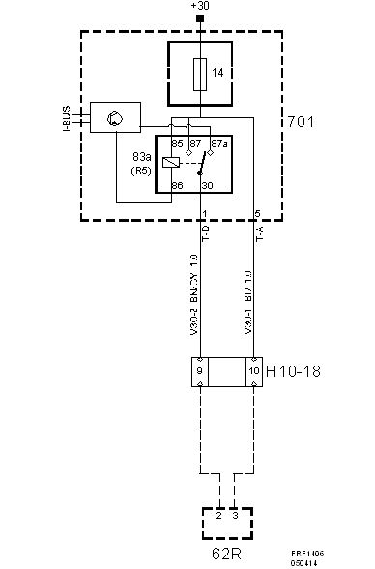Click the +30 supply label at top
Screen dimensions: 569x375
click(199, 7)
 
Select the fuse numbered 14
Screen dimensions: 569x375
click(200, 73)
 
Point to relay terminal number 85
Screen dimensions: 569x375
click(178, 144)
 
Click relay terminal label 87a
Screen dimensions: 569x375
click(218, 144)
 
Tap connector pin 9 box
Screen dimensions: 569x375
click(201, 370)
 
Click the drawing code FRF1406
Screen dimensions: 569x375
click(307, 554)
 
